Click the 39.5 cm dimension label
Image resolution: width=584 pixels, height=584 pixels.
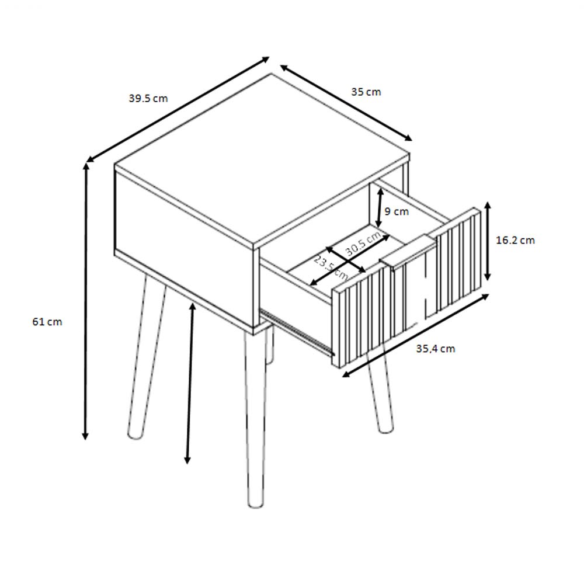[148, 98]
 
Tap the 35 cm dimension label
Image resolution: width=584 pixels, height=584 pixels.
[366, 92]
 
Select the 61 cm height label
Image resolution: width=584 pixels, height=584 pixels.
[47, 321]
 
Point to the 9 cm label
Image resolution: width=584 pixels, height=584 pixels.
[397, 211]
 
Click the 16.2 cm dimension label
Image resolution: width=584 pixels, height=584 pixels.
[515, 240]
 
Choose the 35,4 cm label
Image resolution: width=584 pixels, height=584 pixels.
[436, 349]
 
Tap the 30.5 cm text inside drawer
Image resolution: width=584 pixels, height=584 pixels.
[363, 244]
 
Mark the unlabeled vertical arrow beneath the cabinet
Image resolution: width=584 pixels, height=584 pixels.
[190, 383]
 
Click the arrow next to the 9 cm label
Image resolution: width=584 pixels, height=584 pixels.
[379, 208]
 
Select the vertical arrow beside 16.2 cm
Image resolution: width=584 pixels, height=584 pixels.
[488, 241]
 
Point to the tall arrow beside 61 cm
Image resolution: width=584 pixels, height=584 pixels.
[86, 302]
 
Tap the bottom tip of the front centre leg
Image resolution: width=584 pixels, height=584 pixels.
[255, 506]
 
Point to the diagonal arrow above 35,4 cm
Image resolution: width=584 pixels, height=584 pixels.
[415, 335]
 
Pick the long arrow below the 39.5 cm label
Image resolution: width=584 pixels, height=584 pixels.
[178, 110]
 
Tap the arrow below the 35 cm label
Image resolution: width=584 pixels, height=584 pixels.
[346, 103]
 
